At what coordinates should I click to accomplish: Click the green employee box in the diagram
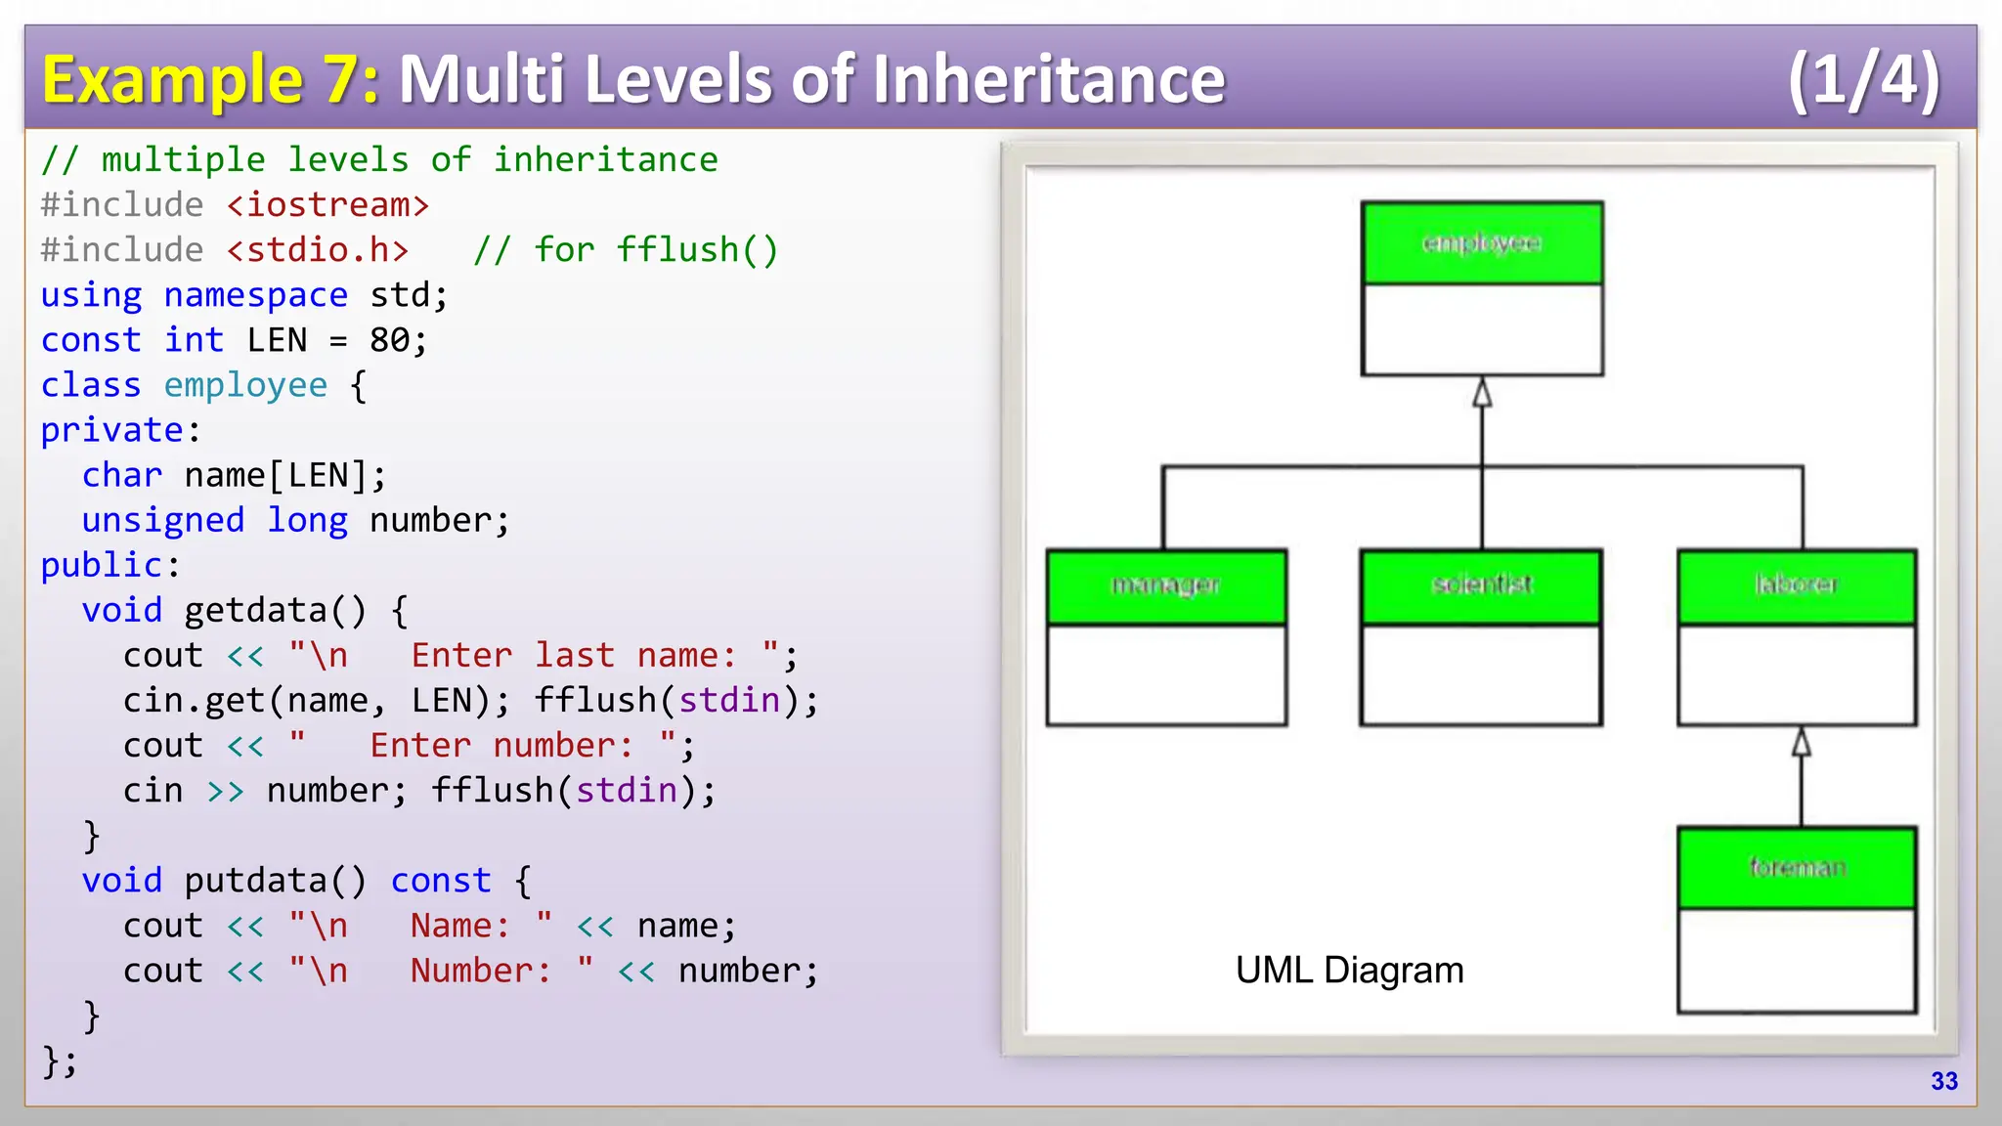pyautogui.click(x=1482, y=243)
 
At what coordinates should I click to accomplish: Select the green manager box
pyautogui.click(x=1166, y=586)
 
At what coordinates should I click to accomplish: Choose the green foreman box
pyautogui.click(x=1797, y=868)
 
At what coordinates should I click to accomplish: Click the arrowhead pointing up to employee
pyautogui.click(x=1482, y=393)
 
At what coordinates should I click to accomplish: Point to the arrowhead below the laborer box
pyautogui.click(x=1802, y=743)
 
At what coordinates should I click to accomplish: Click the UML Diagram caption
pyautogui.click(x=1349, y=971)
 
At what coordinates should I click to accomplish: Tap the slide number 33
pyautogui.click(x=1943, y=1081)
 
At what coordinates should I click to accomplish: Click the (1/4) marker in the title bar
pyautogui.click(x=1863, y=80)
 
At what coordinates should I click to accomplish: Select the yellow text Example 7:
pyautogui.click(x=210, y=80)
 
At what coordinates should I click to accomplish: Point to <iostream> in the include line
pyautogui.click(x=327, y=205)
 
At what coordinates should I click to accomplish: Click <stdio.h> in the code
pyautogui.click(x=318, y=250)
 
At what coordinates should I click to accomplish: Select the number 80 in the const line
pyautogui.click(x=389, y=340)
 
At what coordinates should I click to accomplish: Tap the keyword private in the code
pyautogui.click(x=112, y=430)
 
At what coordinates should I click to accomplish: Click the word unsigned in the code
pyautogui.click(x=162, y=520)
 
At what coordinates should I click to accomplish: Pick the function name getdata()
pyautogui.click(x=275, y=611)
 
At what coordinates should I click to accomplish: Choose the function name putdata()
pyautogui.click(x=275, y=881)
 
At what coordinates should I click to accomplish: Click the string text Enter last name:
pyautogui.click(x=573, y=656)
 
